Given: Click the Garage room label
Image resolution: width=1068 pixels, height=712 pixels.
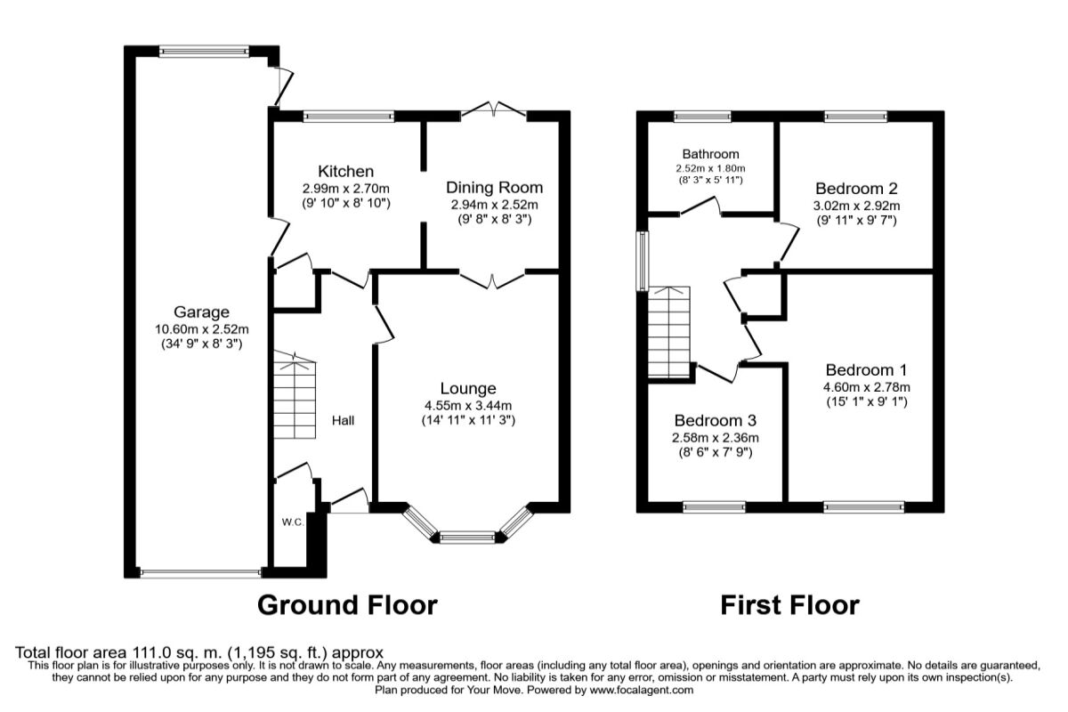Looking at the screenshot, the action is (x=201, y=311).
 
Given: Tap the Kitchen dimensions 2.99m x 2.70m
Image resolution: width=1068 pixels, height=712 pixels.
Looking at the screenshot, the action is (x=345, y=189).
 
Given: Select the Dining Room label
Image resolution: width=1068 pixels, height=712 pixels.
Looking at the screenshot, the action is (x=495, y=188).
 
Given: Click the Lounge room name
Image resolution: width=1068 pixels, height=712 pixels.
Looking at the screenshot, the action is (x=468, y=389).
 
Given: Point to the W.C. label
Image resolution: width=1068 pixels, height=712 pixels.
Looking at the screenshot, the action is (x=293, y=522).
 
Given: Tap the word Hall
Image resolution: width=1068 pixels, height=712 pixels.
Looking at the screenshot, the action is (x=343, y=420).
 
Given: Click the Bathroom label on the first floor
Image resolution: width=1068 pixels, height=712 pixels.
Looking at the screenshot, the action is (x=710, y=154).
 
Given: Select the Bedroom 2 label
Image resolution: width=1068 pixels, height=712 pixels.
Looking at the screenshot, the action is (x=856, y=189).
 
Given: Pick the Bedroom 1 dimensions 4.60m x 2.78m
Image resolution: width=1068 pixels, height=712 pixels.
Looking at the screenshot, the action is (x=866, y=387).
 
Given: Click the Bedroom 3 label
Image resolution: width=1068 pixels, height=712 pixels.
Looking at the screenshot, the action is (x=716, y=420).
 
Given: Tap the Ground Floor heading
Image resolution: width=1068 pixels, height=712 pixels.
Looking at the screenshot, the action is (x=347, y=605).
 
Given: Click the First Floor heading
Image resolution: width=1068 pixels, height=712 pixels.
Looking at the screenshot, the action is (x=789, y=605).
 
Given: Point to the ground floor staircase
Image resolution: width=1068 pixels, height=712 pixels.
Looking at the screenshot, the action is (x=295, y=395).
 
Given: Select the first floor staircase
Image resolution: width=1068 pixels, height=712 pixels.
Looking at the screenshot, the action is (x=669, y=332).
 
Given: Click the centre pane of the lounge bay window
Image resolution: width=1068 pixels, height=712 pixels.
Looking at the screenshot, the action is (x=468, y=538).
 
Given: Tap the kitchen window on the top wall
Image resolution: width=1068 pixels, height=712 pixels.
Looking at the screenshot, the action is (x=349, y=116).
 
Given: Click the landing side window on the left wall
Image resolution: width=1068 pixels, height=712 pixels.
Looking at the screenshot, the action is (x=643, y=261).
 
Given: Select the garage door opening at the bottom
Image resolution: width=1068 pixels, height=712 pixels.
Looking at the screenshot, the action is (x=201, y=573).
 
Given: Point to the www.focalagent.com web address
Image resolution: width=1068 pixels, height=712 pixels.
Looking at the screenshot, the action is (x=642, y=690).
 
